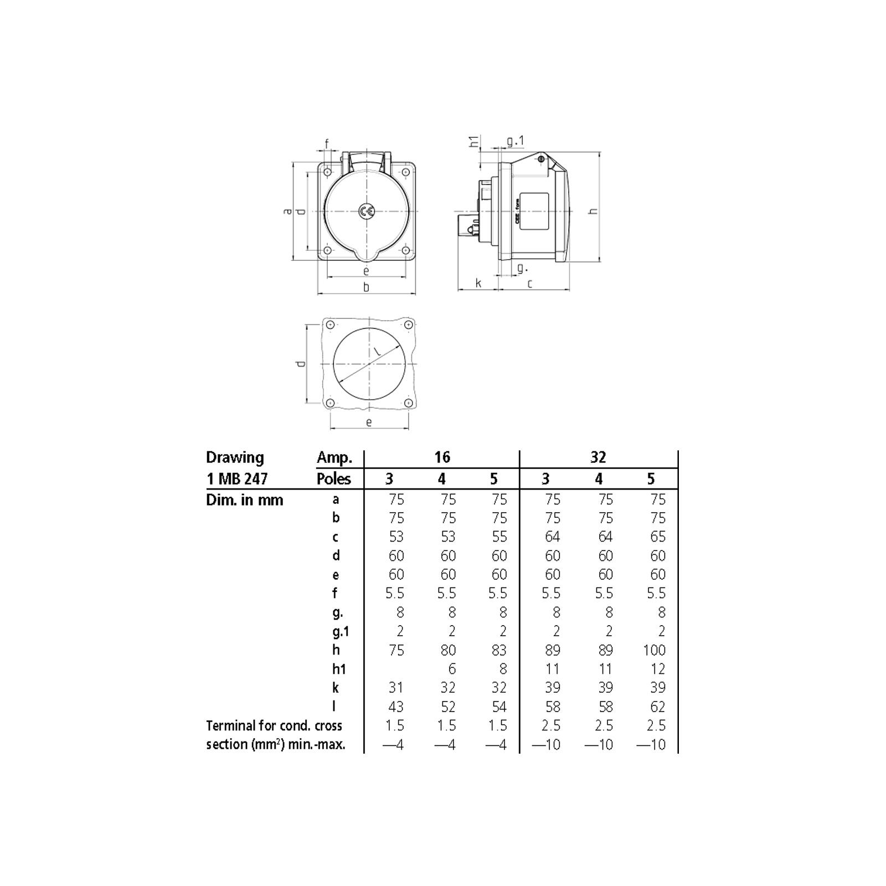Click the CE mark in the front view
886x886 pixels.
[366, 211]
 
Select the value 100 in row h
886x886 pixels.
[654, 650]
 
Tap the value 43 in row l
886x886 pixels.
[396, 707]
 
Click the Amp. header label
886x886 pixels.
[334, 458]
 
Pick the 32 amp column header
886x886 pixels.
[598, 457]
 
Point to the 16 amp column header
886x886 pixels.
[442, 457]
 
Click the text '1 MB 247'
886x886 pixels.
[237, 478]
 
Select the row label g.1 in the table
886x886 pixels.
[341, 632]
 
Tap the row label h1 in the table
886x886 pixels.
[339, 669]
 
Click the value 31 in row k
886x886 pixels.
[396, 688]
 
